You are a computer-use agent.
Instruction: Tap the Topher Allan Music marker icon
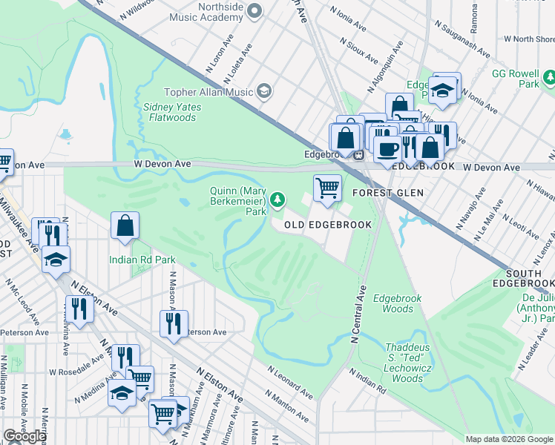(x=263, y=91)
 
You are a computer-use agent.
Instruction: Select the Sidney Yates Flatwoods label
(x=171, y=112)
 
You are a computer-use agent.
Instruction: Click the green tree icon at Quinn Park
(x=277, y=199)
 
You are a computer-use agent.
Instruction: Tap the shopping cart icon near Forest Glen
(x=327, y=187)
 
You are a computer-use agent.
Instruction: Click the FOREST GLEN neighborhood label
(x=387, y=193)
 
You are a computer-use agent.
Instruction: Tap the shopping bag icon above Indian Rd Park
(x=125, y=225)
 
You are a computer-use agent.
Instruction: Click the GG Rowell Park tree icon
(x=549, y=77)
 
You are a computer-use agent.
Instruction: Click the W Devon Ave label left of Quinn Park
(x=162, y=163)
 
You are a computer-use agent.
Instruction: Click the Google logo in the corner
(x=24, y=436)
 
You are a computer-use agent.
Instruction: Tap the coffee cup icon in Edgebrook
(x=387, y=148)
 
